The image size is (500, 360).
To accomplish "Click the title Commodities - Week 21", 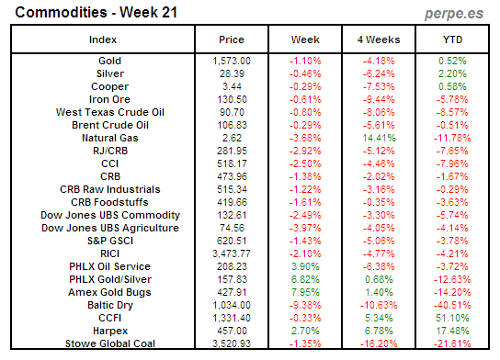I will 82,13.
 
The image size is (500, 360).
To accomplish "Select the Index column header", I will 102,39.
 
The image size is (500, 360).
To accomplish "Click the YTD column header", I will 450,39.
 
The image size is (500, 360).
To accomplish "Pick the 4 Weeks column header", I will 378,39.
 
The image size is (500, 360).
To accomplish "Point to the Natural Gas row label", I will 102,137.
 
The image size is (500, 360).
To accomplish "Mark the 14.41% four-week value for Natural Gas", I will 378,137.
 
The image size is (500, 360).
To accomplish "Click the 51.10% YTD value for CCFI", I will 450,318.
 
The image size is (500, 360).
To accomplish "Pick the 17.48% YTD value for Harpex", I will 450,331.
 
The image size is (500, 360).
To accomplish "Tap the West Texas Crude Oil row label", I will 102,111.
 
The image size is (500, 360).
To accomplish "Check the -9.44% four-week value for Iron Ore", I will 378,98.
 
